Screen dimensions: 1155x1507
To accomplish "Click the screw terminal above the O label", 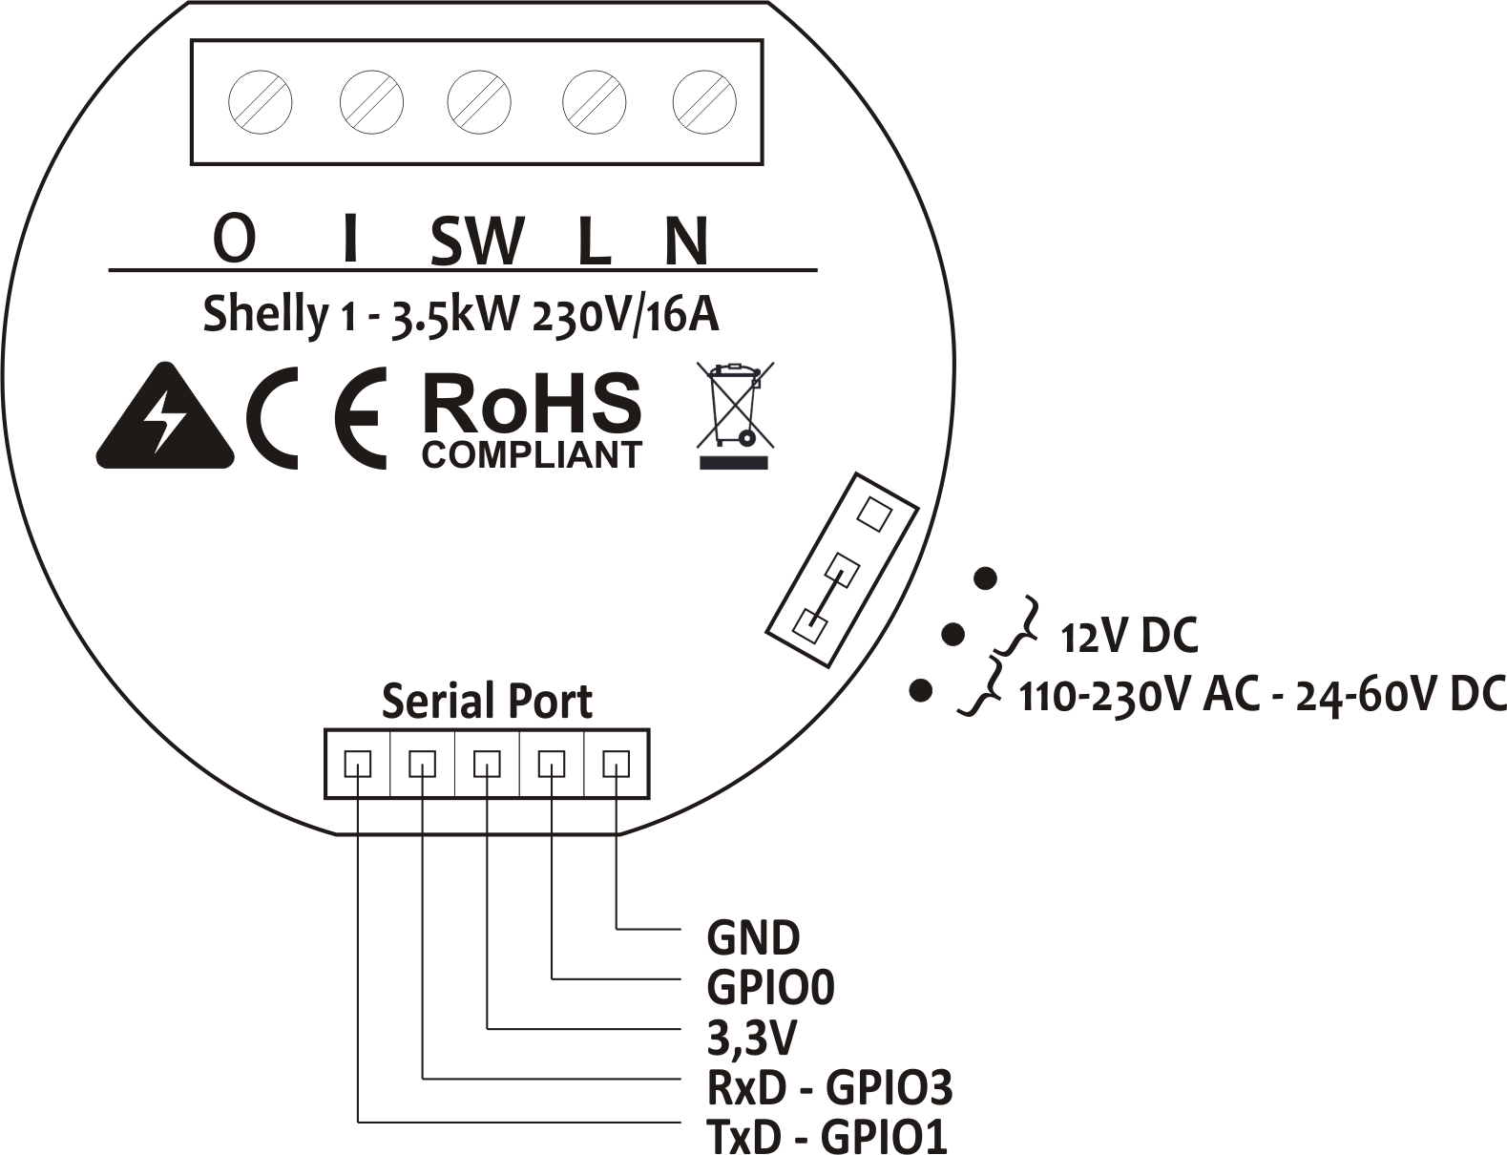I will pyautogui.click(x=261, y=101).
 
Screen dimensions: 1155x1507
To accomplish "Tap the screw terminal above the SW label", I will pyautogui.click(x=480, y=101).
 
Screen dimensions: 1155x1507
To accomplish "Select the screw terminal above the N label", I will pyautogui.click(x=704, y=101).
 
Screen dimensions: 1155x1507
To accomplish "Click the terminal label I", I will pyautogui.click(x=350, y=239).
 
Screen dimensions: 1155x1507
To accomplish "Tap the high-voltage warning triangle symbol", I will pyautogui.click(x=165, y=420).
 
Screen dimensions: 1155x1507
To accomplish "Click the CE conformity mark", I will pyautogui.click(x=316, y=417).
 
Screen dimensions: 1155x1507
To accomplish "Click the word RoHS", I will pyautogui.click(x=531, y=403).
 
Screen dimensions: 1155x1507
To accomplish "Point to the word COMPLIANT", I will pyautogui.click(x=532, y=455).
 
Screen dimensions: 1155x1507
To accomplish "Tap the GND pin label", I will pyautogui.click(x=752, y=937).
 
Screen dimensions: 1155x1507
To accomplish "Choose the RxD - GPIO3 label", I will pyautogui.click(x=828, y=1087).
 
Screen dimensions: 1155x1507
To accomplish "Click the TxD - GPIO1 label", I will pyautogui.click(x=827, y=1136).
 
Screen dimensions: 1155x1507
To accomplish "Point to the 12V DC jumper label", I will pyautogui.click(x=1129, y=637).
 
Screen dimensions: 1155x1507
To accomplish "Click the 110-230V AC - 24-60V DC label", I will pyautogui.click(x=1262, y=695).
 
